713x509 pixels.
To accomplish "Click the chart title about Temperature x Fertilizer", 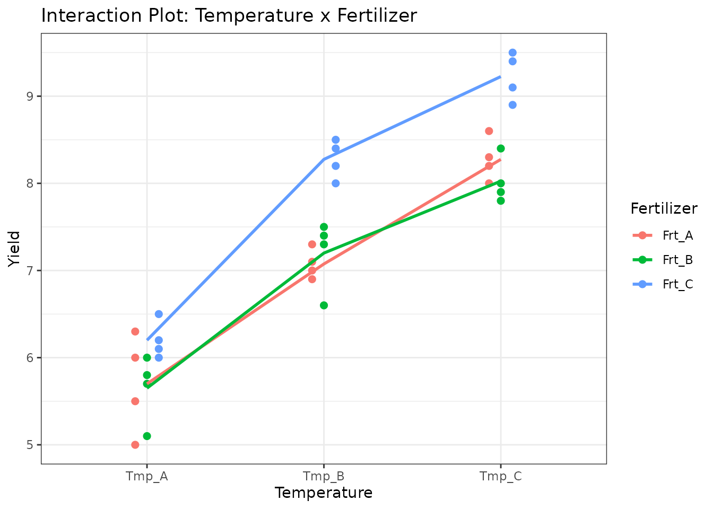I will pyautogui.click(x=229, y=16).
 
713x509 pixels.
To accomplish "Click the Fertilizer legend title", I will pyautogui.click(x=664, y=209).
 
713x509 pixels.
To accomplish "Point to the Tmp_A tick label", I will pyautogui.click(x=147, y=476).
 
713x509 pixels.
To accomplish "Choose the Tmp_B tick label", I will pyautogui.click(x=324, y=476).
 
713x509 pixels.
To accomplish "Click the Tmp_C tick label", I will pyautogui.click(x=500, y=476).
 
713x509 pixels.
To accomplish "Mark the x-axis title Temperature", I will pyautogui.click(x=324, y=493).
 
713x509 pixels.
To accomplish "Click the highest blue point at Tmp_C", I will pyautogui.click(x=512, y=52).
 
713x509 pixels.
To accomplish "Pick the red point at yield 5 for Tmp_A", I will pyautogui.click(x=135, y=445).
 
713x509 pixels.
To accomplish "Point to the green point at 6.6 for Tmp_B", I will pyautogui.click(x=324, y=305).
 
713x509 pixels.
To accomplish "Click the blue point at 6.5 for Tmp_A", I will pyautogui.click(x=159, y=314).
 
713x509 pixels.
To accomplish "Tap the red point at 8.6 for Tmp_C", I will pyautogui.click(x=489, y=131).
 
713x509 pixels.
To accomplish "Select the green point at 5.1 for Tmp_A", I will pyautogui.click(x=147, y=436).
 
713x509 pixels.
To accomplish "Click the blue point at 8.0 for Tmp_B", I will pyautogui.click(x=335, y=183).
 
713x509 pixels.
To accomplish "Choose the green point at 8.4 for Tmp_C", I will pyautogui.click(x=501, y=148).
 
